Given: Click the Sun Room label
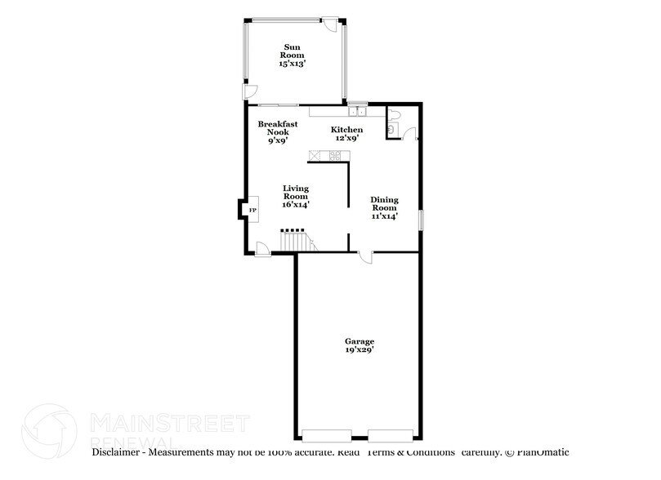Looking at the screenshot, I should click(x=294, y=55).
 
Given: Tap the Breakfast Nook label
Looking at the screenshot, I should click(x=277, y=132).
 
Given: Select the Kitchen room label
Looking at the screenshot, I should click(x=346, y=134).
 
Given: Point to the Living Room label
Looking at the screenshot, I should click(x=295, y=196).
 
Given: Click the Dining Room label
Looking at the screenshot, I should click(x=384, y=208).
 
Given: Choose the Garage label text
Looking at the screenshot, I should click(x=360, y=345).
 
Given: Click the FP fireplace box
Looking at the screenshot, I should click(x=252, y=211).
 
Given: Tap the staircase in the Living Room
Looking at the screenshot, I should click(x=295, y=242).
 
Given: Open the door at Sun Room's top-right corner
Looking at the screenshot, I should click(x=330, y=26).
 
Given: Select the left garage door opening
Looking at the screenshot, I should click(x=327, y=434).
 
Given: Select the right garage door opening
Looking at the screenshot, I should click(x=391, y=434).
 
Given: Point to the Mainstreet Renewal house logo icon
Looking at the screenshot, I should click(x=51, y=428).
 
